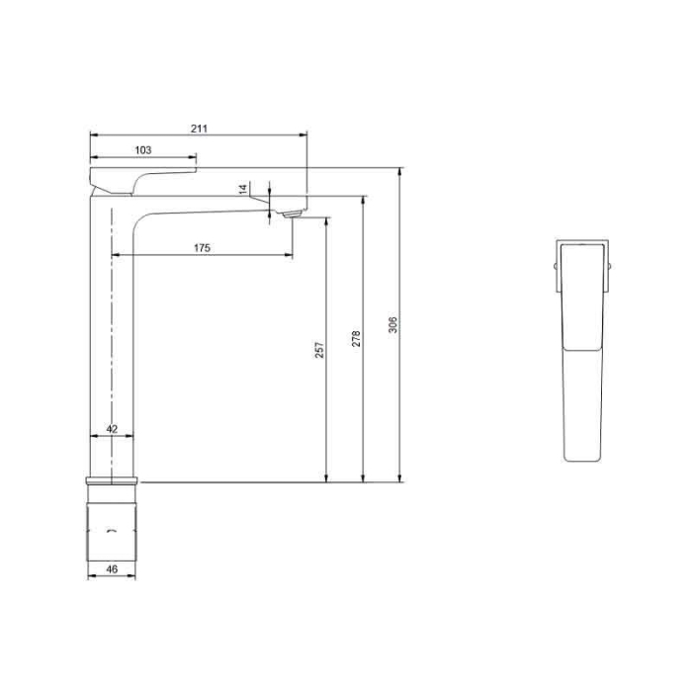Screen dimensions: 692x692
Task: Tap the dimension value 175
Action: (202, 248)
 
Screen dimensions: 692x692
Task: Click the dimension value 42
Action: (112, 429)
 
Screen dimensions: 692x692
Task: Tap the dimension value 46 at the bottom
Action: (112, 569)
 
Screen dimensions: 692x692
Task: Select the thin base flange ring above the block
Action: (112, 481)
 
